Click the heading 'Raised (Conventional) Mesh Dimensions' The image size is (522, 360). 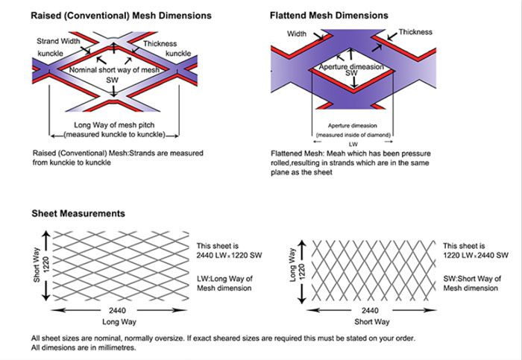[x=122, y=16]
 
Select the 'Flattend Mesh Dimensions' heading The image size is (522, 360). [x=329, y=15]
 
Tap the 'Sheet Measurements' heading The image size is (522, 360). [x=78, y=214]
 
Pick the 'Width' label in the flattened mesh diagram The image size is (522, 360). [x=297, y=34]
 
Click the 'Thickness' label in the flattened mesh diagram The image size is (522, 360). [x=415, y=32]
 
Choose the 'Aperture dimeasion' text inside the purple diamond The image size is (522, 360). [x=351, y=67]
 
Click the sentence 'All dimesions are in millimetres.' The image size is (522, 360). [x=84, y=348]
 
